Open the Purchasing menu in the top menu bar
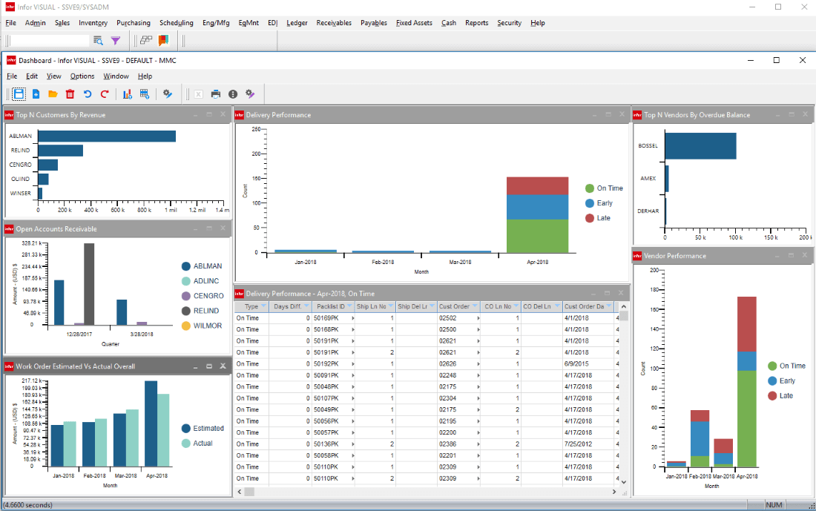(x=133, y=23)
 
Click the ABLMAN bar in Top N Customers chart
(x=107, y=136)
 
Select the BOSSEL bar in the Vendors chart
(x=700, y=146)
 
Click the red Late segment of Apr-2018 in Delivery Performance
(x=537, y=185)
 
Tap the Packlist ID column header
(x=331, y=306)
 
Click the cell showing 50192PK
(x=326, y=364)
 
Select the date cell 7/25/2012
(x=581, y=444)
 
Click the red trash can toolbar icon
(x=70, y=94)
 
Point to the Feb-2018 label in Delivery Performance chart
(x=383, y=262)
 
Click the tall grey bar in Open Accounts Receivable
(x=89, y=283)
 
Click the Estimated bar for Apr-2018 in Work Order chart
(x=151, y=423)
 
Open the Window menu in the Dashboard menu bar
(x=116, y=76)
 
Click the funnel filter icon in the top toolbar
(x=116, y=41)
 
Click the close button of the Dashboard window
(x=803, y=60)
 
